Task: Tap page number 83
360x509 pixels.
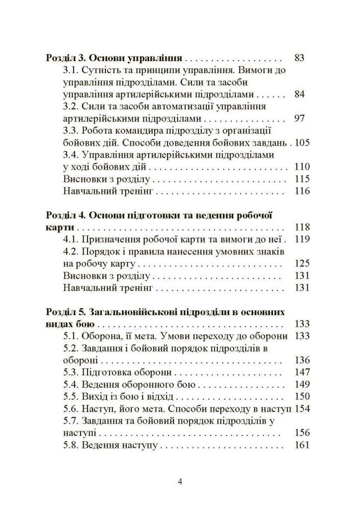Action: coord(299,58)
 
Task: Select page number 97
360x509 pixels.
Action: coord(299,119)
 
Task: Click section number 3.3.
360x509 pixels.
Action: coord(71,131)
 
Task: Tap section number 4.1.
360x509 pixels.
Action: coord(71,240)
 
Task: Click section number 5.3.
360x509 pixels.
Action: coord(71,372)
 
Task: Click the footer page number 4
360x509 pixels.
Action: coord(180,482)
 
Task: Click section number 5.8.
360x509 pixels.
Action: coord(71,445)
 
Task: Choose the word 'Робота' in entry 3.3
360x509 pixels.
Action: coord(99,131)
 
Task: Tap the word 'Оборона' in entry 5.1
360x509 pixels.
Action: coord(102,335)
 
